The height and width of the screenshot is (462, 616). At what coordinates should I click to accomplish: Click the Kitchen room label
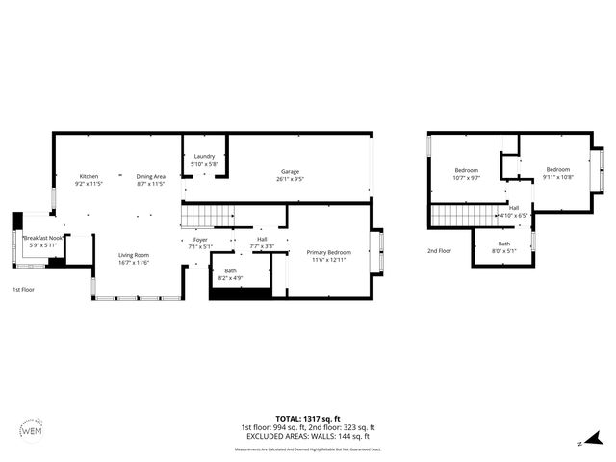click(89, 176)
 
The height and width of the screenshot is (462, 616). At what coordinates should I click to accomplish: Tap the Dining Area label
click(150, 176)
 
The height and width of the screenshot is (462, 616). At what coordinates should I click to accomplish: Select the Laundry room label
click(204, 156)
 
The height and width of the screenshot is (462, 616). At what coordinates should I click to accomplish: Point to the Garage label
click(291, 171)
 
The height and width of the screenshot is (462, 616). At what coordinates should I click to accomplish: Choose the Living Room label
click(133, 254)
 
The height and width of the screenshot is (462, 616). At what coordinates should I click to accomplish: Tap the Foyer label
click(199, 239)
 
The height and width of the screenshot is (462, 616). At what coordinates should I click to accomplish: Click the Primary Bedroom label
click(328, 252)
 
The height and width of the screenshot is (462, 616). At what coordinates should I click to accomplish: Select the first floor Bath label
click(230, 271)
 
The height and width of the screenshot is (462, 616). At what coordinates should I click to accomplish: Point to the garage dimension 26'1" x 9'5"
click(291, 179)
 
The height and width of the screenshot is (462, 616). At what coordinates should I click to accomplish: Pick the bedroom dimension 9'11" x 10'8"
click(557, 177)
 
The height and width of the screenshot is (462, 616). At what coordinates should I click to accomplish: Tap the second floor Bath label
click(504, 244)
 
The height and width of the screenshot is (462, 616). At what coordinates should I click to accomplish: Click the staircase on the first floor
click(207, 216)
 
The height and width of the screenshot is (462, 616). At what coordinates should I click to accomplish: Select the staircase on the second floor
click(463, 216)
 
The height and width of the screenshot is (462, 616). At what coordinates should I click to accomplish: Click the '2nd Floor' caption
click(439, 250)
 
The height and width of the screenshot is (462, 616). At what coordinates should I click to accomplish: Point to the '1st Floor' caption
click(23, 289)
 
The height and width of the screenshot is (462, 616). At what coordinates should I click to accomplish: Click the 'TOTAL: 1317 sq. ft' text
click(307, 418)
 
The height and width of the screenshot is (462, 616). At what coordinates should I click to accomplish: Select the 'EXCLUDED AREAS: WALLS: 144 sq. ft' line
click(307, 436)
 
